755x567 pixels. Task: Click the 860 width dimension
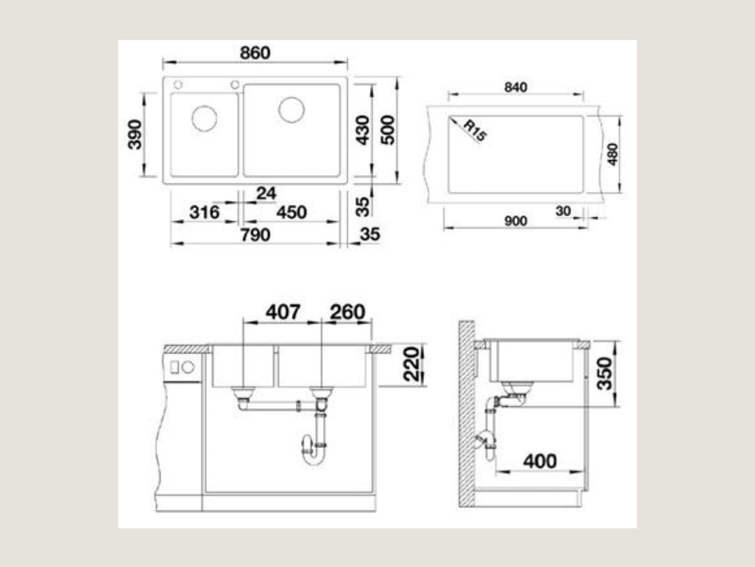pyautogui.click(x=255, y=53)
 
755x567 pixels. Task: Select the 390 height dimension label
pyautogui.click(x=135, y=135)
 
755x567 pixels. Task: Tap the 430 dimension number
pyautogui.click(x=362, y=130)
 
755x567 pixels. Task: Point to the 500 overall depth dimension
pyautogui.click(x=388, y=130)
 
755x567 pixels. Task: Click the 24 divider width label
pyautogui.click(x=266, y=193)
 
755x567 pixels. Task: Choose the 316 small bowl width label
pyautogui.click(x=204, y=212)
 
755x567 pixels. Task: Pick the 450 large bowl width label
pyautogui.click(x=292, y=212)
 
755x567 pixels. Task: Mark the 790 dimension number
pyautogui.click(x=255, y=235)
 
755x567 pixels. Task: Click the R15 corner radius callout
pyautogui.click(x=475, y=130)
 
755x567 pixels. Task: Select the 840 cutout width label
pyautogui.click(x=515, y=88)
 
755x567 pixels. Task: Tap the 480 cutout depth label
pyautogui.click(x=613, y=154)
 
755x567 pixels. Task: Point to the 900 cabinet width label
pyautogui.click(x=515, y=221)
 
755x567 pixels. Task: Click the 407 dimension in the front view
pyautogui.click(x=282, y=312)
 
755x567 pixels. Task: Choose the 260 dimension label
pyautogui.click(x=347, y=312)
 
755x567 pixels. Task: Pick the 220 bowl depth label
pyautogui.click(x=411, y=364)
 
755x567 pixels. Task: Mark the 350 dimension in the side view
pyautogui.click(x=605, y=374)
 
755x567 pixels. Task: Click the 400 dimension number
pyautogui.click(x=540, y=461)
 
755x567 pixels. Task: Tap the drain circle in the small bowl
pyautogui.click(x=204, y=118)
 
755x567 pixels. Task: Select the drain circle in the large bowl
pyautogui.click(x=291, y=110)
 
